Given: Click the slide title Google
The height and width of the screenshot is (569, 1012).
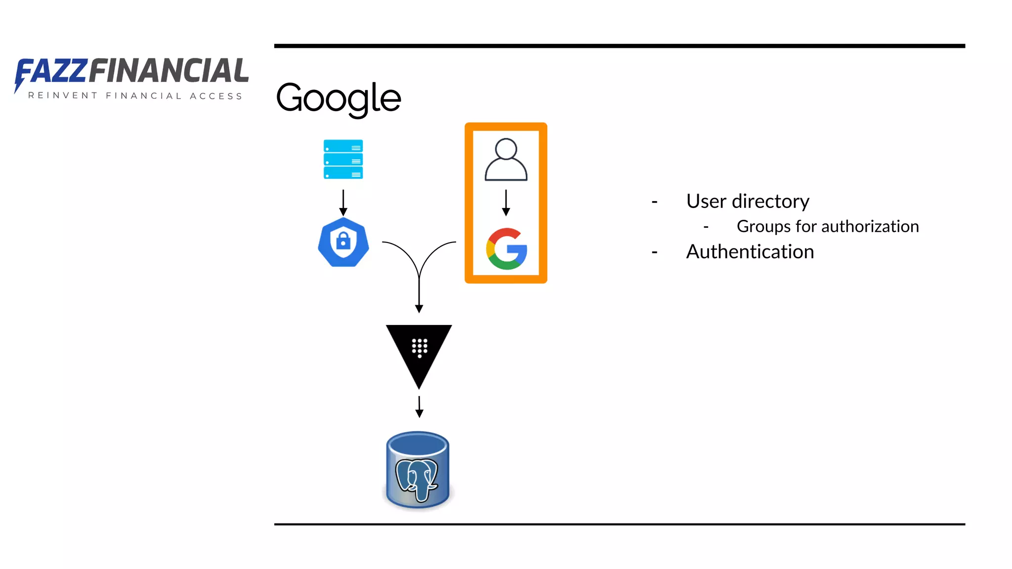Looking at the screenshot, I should pyautogui.click(x=338, y=98).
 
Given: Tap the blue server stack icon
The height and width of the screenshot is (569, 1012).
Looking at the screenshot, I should pyautogui.click(x=343, y=159).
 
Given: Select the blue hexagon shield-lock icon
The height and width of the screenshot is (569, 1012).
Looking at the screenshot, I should pyautogui.click(x=343, y=242).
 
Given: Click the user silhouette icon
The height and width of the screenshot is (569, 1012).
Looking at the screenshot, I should pyautogui.click(x=506, y=160).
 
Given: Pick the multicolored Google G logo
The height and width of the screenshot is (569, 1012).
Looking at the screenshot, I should pyautogui.click(x=506, y=249).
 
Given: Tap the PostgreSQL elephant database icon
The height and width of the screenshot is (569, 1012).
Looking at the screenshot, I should pyautogui.click(x=418, y=471).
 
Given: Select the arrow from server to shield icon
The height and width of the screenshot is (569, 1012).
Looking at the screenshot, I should pyautogui.click(x=343, y=202).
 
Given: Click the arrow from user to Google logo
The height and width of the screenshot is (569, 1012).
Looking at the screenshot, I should pyautogui.click(x=506, y=202).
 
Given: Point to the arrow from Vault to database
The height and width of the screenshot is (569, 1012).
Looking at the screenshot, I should pyautogui.click(x=419, y=406).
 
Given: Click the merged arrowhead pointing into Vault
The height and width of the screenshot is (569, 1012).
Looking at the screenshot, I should pyautogui.click(x=419, y=308).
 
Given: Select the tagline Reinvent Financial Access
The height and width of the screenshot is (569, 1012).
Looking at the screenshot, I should pyautogui.click(x=135, y=96).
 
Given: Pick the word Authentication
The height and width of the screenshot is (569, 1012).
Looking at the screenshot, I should pyautogui.click(x=750, y=252).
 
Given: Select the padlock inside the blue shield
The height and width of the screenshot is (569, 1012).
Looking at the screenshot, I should pyautogui.click(x=343, y=241).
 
